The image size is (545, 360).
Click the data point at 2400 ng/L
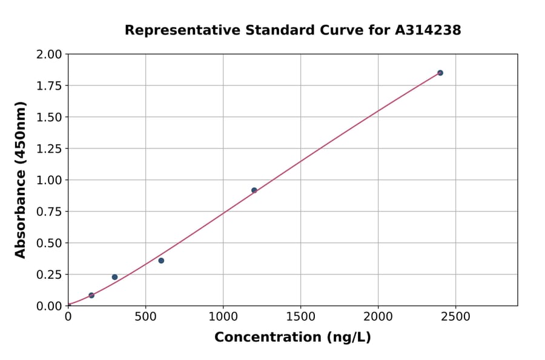(x=440, y=73)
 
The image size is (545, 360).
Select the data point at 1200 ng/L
(x=254, y=190)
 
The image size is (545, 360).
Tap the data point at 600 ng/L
(x=161, y=261)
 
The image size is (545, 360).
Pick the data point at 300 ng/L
(x=114, y=277)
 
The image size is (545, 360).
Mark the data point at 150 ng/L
(x=91, y=295)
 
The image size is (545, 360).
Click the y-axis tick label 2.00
(x=49, y=55)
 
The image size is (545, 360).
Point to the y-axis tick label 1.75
(x=49, y=86)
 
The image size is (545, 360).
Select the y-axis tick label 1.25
(x=49, y=149)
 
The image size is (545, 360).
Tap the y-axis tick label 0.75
(x=49, y=212)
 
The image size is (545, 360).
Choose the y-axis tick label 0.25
(x=49, y=275)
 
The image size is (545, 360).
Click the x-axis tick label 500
(x=145, y=317)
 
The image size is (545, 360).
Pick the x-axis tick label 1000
(x=223, y=317)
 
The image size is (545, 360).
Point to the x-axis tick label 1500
(x=300, y=317)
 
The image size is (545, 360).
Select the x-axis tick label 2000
(x=378, y=317)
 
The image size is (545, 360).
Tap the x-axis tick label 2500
(x=456, y=317)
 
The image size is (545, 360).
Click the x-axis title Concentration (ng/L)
(x=292, y=337)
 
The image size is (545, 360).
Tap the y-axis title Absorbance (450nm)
(x=21, y=180)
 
